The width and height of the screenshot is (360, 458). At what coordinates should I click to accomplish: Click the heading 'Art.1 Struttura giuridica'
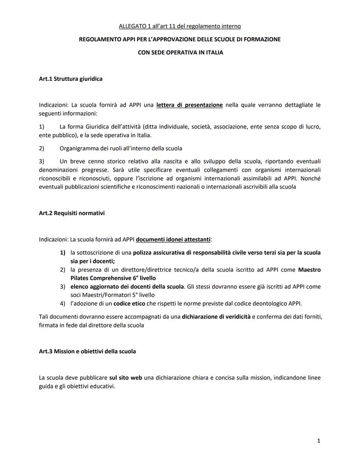[x=71, y=79]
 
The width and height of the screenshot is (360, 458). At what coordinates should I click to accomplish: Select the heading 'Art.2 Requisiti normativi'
[x=72, y=213]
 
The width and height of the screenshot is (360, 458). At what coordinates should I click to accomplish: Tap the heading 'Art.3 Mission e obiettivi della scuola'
[x=87, y=351]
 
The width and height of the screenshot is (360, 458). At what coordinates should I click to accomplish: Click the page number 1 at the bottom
[x=318, y=441]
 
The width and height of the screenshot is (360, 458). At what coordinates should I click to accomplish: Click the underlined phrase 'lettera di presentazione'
[x=189, y=105]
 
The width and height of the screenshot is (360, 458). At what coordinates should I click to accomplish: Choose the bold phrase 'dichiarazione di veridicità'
[x=216, y=316]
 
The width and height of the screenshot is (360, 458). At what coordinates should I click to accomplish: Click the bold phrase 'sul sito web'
[x=125, y=378]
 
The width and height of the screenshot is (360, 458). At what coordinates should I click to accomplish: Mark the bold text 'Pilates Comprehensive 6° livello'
[x=113, y=278]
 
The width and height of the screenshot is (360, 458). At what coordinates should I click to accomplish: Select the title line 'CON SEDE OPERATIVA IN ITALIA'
[x=180, y=52]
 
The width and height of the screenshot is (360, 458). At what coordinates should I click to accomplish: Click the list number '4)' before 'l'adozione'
[x=63, y=304]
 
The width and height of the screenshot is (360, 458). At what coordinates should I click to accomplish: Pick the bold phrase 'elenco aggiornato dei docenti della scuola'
[x=127, y=287]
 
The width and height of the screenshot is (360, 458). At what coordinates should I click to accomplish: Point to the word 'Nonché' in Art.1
[x=310, y=178]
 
